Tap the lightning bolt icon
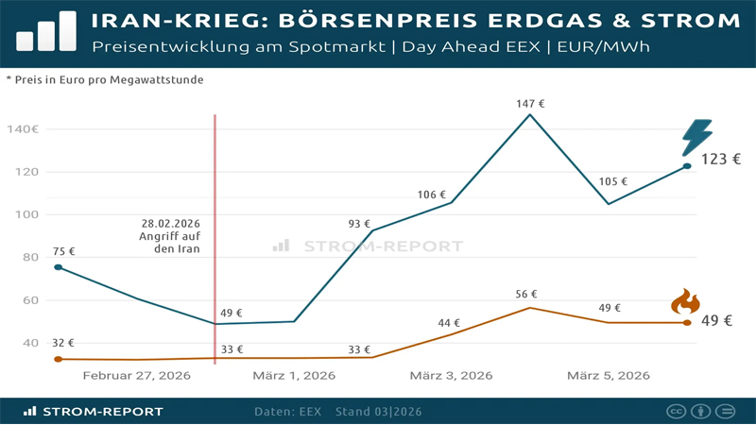(x=697, y=138)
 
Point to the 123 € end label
(x=721, y=160)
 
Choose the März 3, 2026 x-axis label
(x=451, y=376)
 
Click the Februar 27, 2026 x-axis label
(x=137, y=376)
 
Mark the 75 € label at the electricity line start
(x=64, y=251)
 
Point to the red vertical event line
(x=215, y=189)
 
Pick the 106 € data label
(x=431, y=195)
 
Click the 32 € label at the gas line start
(x=64, y=343)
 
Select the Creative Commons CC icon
(x=677, y=412)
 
